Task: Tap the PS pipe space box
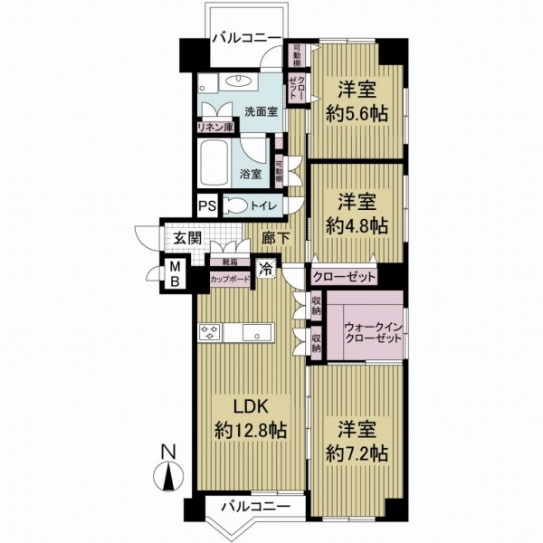pyautogui.click(x=206, y=205)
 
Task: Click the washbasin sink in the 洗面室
pyautogui.click(x=243, y=82)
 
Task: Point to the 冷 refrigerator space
pyautogui.click(x=267, y=268)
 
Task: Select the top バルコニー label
pyautogui.click(x=242, y=39)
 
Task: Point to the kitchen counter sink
pyautogui.click(x=260, y=334)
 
